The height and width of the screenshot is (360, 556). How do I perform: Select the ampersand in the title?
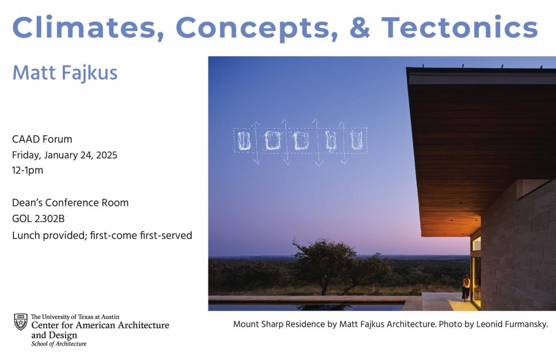360,26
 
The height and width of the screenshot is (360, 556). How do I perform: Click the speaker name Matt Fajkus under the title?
64,72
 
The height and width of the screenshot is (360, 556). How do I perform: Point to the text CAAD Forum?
42,139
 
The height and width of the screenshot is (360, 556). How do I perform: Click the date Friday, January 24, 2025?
64,155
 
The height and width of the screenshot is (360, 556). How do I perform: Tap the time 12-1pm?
28,170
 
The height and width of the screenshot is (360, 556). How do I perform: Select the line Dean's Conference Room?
70,203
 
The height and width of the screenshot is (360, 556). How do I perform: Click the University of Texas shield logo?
21,322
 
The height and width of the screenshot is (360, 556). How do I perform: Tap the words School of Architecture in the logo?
58,344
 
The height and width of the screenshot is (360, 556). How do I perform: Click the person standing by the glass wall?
466,287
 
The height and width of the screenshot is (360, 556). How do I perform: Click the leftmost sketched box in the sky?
244,141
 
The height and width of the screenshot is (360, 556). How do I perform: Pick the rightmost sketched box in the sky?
357,141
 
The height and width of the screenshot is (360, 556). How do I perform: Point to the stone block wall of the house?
520,250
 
